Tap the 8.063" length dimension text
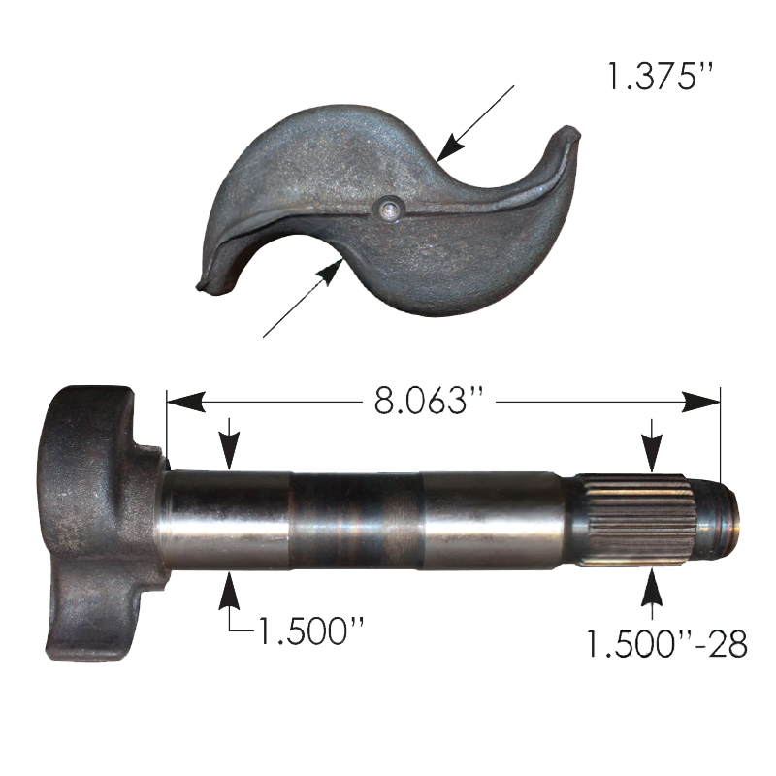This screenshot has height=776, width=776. (x=429, y=401)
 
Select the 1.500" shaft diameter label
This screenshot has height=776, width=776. (x=310, y=630)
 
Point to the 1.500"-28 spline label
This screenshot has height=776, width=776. (x=666, y=643)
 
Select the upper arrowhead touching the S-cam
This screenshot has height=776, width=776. (x=449, y=147)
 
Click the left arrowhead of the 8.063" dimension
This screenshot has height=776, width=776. (x=186, y=402)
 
